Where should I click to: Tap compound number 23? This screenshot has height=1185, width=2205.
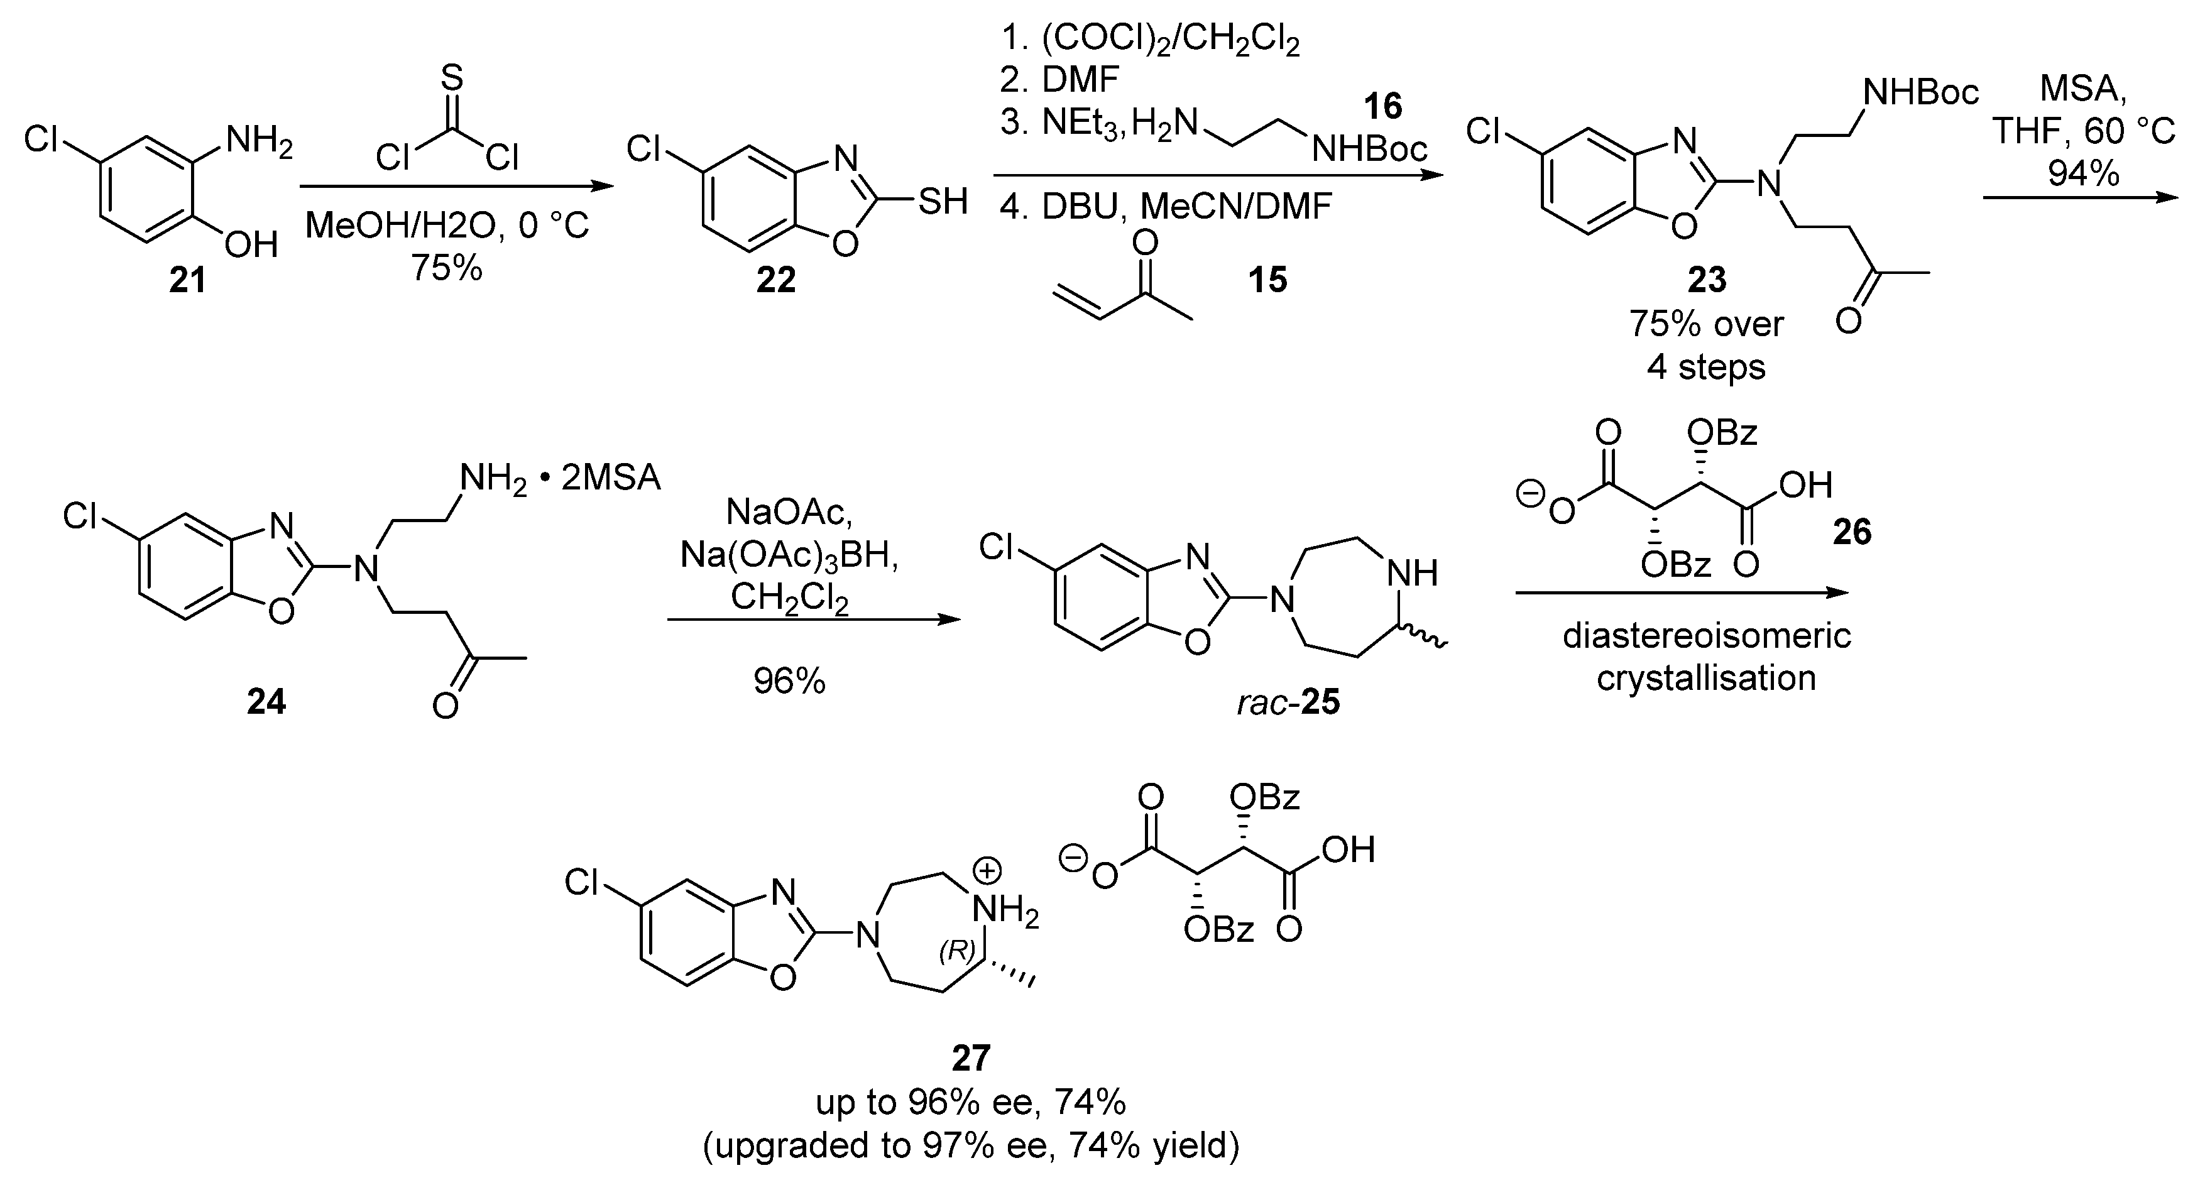point(1707,280)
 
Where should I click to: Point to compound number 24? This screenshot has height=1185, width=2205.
point(266,702)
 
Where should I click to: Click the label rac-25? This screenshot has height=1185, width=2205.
point(1288,702)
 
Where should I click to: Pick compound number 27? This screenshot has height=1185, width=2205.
point(971,1058)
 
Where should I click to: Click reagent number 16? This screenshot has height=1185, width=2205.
point(1382,107)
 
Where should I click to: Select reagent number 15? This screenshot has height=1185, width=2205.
point(1267,280)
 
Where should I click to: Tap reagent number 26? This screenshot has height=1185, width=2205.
point(1851,532)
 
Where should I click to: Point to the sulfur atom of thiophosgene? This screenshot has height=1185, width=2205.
point(452,79)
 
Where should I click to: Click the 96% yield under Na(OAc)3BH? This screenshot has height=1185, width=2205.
point(789,681)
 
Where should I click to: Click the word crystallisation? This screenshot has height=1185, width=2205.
point(1706,677)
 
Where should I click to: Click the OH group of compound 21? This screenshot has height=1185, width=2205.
point(251,246)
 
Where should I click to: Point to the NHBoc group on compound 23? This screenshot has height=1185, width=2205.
point(1921,92)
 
